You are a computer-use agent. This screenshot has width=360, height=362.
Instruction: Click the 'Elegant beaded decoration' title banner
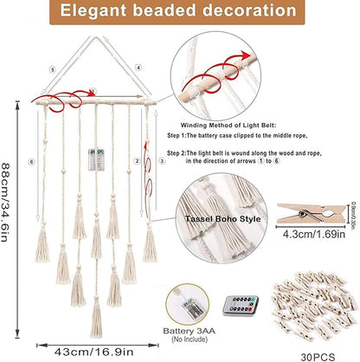tap(177, 11)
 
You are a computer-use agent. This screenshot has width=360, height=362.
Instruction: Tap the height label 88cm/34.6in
tap(6, 202)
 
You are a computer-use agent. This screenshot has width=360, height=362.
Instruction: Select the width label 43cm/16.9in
tap(94, 352)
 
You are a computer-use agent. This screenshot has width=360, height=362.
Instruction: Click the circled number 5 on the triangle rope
tap(53, 69)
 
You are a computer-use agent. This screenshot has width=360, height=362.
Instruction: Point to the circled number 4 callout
tap(138, 68)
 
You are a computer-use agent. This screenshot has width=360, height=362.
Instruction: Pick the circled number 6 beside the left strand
tap(31, 162)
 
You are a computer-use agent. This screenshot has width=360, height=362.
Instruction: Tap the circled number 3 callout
tap(162, 161)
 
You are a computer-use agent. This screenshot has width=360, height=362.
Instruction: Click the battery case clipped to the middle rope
tap(96, 159)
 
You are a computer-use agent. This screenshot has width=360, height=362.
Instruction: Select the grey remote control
tap(241, 306)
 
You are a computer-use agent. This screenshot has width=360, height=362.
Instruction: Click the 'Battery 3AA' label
tap(190, 331)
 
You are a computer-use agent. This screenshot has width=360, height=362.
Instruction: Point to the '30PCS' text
tap(318, 357)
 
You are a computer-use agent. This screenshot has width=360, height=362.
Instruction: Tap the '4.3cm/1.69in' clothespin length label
tap(314, 234)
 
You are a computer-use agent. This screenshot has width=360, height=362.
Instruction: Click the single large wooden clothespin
tap(311, 213)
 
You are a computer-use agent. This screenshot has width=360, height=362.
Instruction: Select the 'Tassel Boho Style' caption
tap(222, 219)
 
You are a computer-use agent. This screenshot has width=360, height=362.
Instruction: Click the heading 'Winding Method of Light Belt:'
tap(228, 126)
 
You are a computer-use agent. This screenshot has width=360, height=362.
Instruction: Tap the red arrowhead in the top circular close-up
tap(246, 55)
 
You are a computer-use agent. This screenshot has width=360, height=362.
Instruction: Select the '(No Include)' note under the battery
tap(190, 339)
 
